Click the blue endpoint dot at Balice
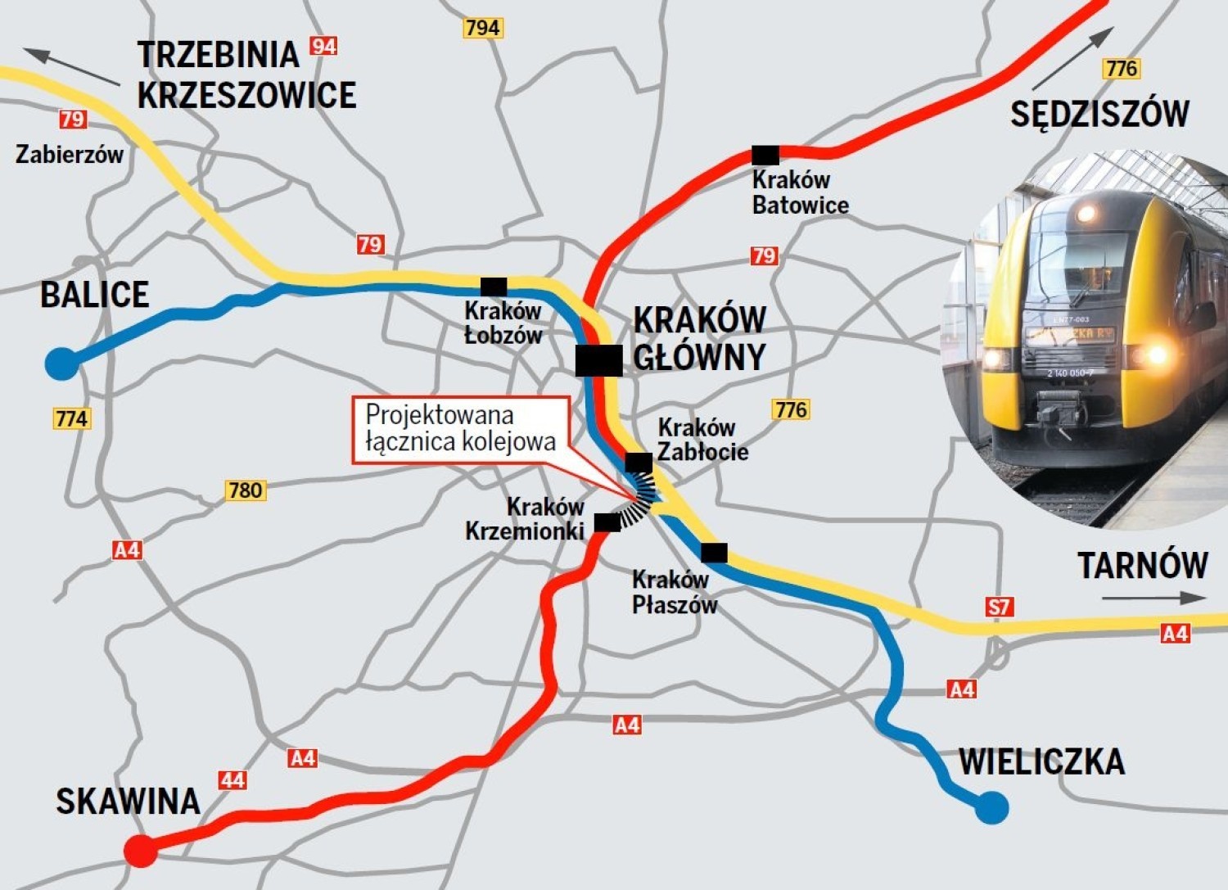click(61, 363)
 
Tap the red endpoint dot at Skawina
click(141, 852)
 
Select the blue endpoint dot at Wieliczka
click(992, 808)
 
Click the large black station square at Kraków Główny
click(598, 361)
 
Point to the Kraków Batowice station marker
click(765, 155)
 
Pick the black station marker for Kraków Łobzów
click(494, 287)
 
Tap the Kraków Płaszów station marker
click(714, 553)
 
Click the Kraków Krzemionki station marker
click(607, 522)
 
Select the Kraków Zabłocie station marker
click(639, 463)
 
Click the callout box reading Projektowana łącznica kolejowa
click(460, 429)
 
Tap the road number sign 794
click(482, 28)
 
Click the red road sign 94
click(323, 46)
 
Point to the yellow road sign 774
click(72, 418)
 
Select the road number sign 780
click(245, 490)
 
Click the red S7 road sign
click(999, 607)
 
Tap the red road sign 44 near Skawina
click(233, 779)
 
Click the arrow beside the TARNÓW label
click(1153, 599)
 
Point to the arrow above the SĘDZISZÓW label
click(1072, 59)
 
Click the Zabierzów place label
click(70, 154)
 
